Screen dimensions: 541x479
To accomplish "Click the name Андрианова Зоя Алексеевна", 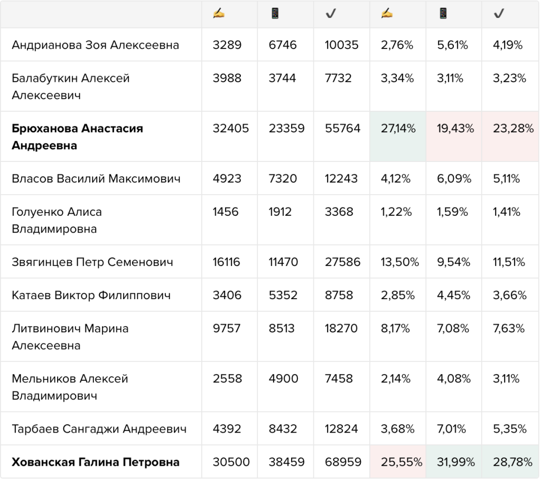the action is click(95, 45).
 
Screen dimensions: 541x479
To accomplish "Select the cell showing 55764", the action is click(342, 128).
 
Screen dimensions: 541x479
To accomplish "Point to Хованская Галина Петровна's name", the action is click(96, 462).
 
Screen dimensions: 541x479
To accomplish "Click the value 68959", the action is click(343, 462).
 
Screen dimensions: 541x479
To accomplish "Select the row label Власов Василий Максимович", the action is click(96, 178).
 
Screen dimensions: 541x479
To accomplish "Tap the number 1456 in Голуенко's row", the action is click(225, 212).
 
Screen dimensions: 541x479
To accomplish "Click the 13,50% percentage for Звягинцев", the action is click(399, 262).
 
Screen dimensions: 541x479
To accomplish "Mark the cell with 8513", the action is click(282, 328).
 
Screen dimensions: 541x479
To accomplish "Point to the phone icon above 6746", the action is click(275, 13).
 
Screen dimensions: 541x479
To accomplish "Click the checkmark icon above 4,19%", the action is click(499, 13).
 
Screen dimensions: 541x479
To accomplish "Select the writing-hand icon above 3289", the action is click(219, 13).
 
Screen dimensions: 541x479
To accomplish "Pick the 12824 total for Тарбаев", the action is click(341, 429).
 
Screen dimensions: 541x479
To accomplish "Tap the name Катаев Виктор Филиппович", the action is click(91, 295).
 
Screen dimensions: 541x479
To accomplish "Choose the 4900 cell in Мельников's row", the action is click(283, 378).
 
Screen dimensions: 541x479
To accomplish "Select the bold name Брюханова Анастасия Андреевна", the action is click(77, 137).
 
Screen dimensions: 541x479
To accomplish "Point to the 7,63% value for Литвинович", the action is click(509, 328).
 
